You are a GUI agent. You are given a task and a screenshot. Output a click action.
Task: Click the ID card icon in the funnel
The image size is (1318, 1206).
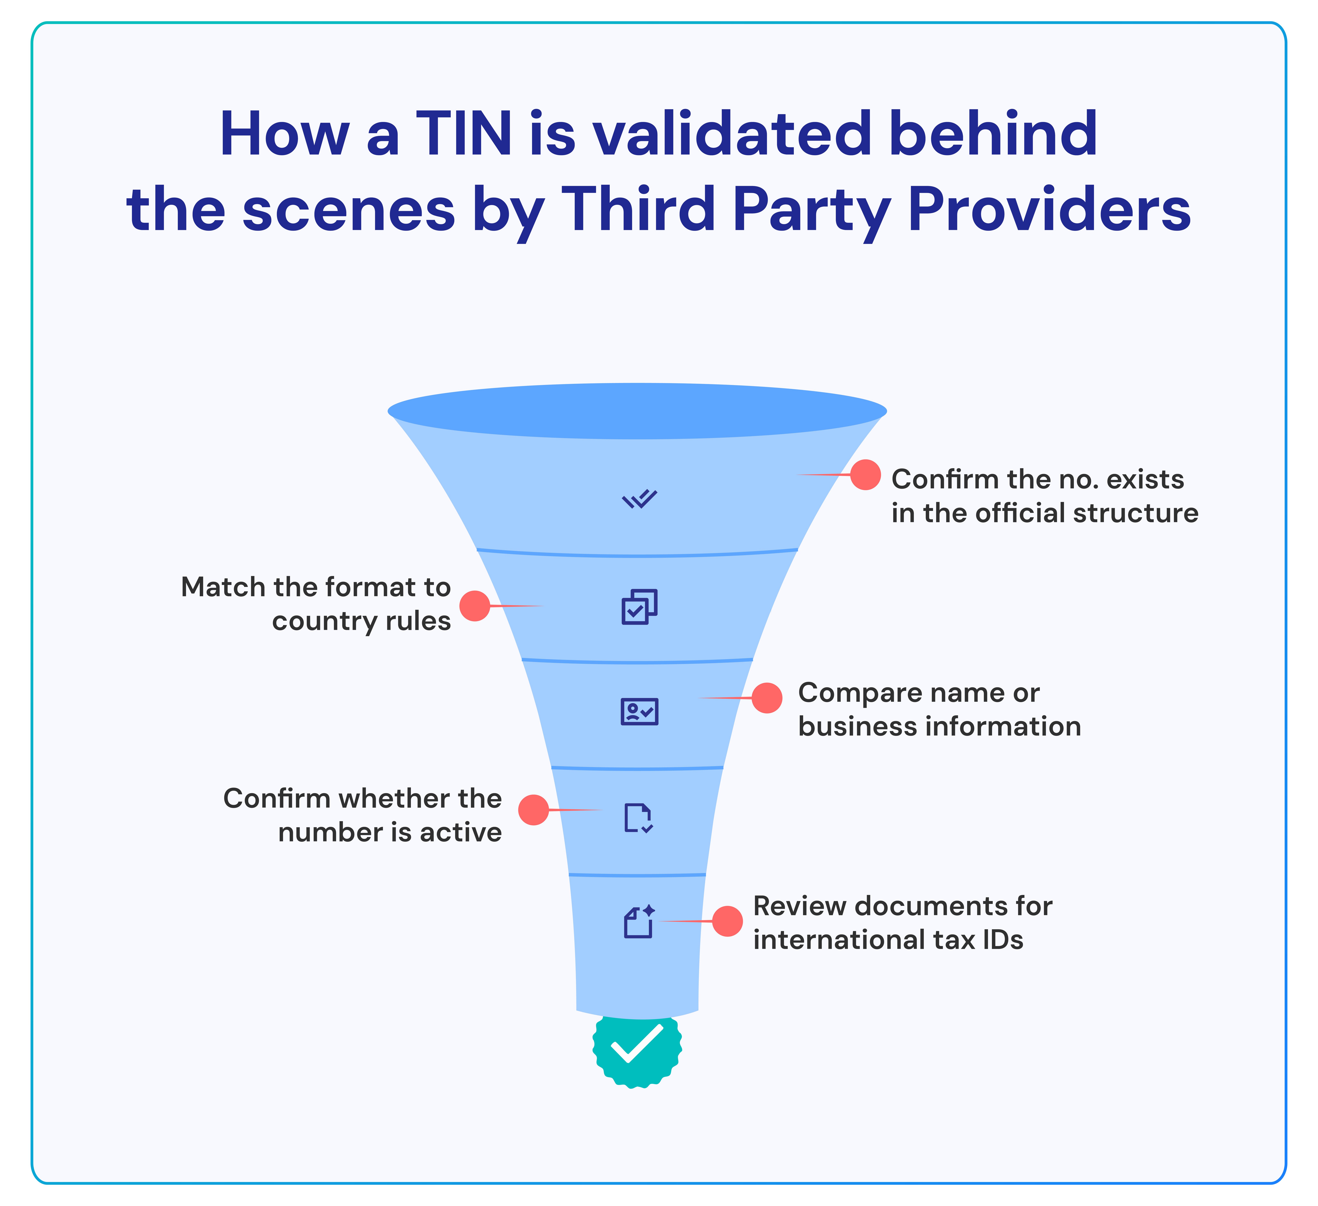[x=639, y=712]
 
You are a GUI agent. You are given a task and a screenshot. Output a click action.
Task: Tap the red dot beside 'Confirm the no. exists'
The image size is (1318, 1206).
[x=865, y=474]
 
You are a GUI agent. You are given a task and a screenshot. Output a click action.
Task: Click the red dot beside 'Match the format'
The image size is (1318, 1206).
[x=475, y=606]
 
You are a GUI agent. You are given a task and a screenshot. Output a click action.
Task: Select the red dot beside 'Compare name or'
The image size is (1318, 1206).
[x=767, y=698]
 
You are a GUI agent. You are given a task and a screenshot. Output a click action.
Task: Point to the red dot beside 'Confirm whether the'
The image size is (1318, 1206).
[x=534, y=810]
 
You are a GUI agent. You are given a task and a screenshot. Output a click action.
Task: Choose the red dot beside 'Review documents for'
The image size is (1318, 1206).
[x=727, y=921]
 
